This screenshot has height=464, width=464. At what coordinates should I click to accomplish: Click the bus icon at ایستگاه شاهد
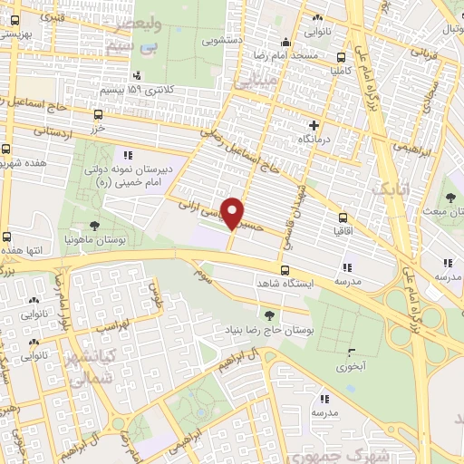[285, 270]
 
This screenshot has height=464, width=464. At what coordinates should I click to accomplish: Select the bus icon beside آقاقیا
[343, 217]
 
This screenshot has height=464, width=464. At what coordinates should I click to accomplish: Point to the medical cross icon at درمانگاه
[314, 125]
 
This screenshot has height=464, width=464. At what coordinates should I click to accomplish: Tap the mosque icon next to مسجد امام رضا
[285, 41]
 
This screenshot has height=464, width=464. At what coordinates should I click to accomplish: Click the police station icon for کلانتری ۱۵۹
[137, 76]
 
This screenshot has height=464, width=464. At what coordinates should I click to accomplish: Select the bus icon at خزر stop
[98, 114]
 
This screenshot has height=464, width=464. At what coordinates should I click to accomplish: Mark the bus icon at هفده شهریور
[7, 150]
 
